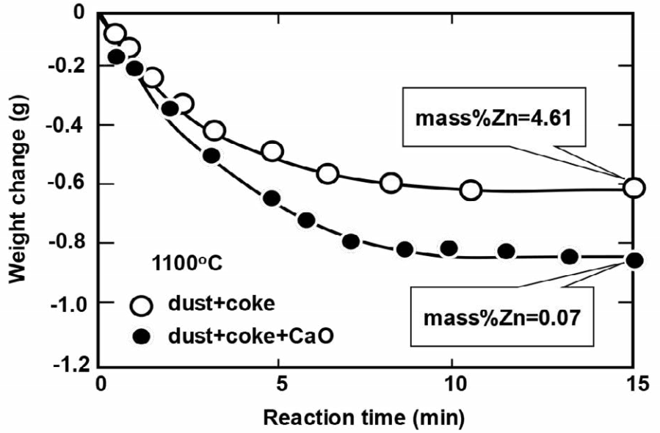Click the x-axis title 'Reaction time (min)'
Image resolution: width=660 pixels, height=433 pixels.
coord(364,418)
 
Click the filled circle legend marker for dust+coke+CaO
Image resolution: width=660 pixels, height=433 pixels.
coord(142,336)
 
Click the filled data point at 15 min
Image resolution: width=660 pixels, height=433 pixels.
coord(635,260)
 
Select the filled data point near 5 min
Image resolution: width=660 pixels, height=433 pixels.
coord(272,198)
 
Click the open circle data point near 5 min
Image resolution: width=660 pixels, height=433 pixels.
coord(272,151)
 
